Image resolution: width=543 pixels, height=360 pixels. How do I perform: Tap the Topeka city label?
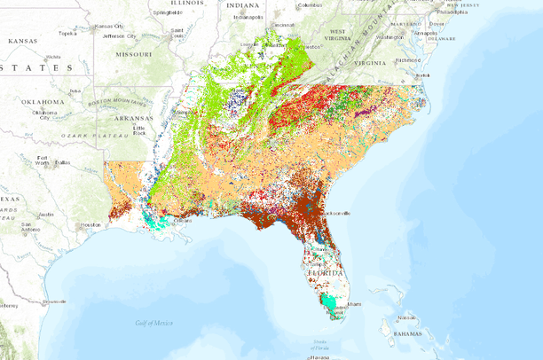point(67,34)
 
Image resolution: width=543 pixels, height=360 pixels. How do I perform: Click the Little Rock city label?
point(138,129)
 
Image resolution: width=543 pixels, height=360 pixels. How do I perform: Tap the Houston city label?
point(90,225)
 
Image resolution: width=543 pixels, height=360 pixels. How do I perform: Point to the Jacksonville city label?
point(334,213)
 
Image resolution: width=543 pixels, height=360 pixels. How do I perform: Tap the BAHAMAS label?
point(411,334)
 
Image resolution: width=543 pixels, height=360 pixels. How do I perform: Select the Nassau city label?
point(407,317)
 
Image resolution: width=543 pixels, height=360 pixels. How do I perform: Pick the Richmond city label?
point(407,59)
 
